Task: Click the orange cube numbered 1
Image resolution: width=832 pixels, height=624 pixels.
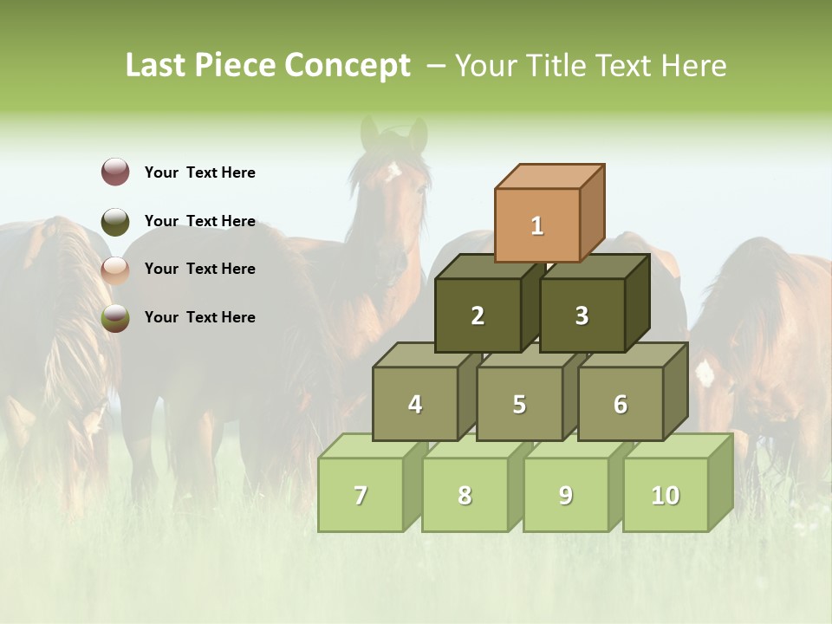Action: pyautogui.click(x=537, y=225)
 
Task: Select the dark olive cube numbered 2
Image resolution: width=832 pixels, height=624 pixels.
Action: pyautogui.click(x=478, y=315)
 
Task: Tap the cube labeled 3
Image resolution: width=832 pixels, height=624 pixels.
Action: pyautogui.click(x=582, y=315)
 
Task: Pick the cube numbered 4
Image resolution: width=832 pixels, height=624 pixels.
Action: pyautogui.click(x=415, y=404)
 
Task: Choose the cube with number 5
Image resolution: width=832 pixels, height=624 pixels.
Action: pyautogui.click(x=519, y=404)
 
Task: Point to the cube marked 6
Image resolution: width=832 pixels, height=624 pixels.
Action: pyautogui.click(x=621, y=404)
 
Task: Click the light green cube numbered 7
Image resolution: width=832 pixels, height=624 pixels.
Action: pyautogui.click(x=361, y=495)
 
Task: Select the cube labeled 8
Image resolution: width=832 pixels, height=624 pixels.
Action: pyautogui.click(x=465, y=495)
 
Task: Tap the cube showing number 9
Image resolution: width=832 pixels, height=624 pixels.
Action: pyautogui.click(x=566, y=495)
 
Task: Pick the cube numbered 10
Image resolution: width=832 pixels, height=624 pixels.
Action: pyautogui.click(x=666, y=495)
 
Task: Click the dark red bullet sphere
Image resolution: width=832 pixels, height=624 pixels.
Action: pyautogui.click(x=115, y=172)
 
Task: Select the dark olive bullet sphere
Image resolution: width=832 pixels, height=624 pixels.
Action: pyautogui.click(x=115, y=221)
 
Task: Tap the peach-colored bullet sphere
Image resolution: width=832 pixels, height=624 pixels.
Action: pyautogui.click(x=115, y=270)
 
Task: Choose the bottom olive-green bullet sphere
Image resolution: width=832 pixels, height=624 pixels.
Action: pyautogui.click(x=115, y=318)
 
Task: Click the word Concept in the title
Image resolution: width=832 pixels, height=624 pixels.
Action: pyautogui.click(x=348, y=66)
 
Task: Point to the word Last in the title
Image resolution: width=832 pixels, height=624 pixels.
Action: pyautogui.click(x=157, y=66)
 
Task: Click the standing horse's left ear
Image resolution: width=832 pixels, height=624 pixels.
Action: pyautogui.click(x=370, y=132)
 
